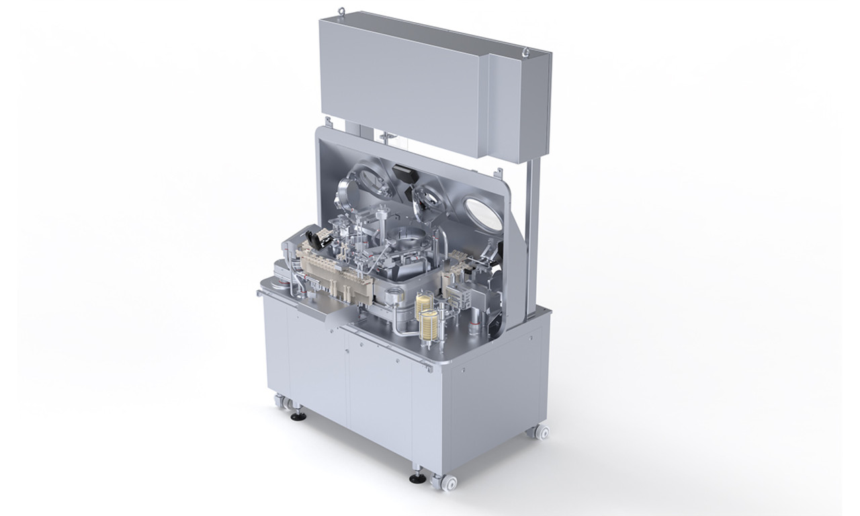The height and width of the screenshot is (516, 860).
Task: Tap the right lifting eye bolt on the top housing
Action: pyautogui.click(x=527, y=50)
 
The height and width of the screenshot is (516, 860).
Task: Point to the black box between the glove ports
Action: pyautogui.click(x=404, y=174)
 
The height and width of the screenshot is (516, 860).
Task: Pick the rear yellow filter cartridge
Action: pyautogui.click(x=423, y=304)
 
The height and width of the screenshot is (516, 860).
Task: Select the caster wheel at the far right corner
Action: pyautogui.click(x=542, y=432)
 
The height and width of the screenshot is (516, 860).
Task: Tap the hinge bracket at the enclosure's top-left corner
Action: pyautogui.click(x=329, y=123)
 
